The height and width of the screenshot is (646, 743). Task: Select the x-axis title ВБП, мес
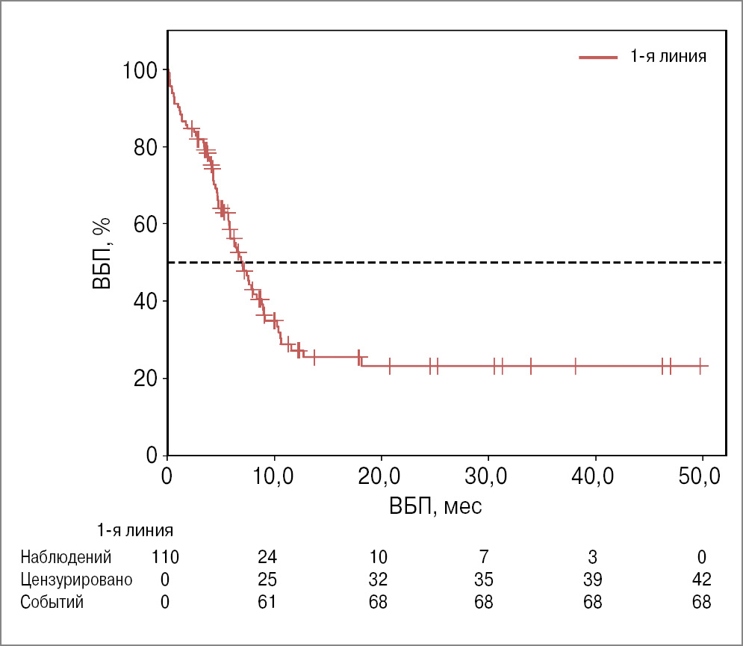pyautogui.click(x=435, y=507)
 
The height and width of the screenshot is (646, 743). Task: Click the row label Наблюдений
pyautogui.click(x=66, y=557)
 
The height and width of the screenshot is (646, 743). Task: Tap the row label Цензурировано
pyautogui.click(x=76, y=580)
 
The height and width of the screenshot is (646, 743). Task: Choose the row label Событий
pyautogui.click(x=52, y=603)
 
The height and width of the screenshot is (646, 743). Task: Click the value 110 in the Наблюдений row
pyautogui.click(x=165, y=557)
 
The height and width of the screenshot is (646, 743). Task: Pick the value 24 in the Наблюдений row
pyautogui.click(x=267, y=557)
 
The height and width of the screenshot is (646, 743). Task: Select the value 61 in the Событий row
pyautogui.click(x=267, y=603)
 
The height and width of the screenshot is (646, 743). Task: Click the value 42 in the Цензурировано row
pyautogui.click(x=700, y=580)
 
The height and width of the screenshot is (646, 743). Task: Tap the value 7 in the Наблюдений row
pyautogui.click(x=485, y=557)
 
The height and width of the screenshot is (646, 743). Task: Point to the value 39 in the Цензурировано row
pyautogui.click(x=592, y=580)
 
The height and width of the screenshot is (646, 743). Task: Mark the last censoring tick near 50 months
pyautogui.click(x=700, y=366)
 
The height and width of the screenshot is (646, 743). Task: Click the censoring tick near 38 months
pyautogui.click(x=575, y=366)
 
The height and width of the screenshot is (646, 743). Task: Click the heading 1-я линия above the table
pyautogui.click(x=135, y=532)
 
